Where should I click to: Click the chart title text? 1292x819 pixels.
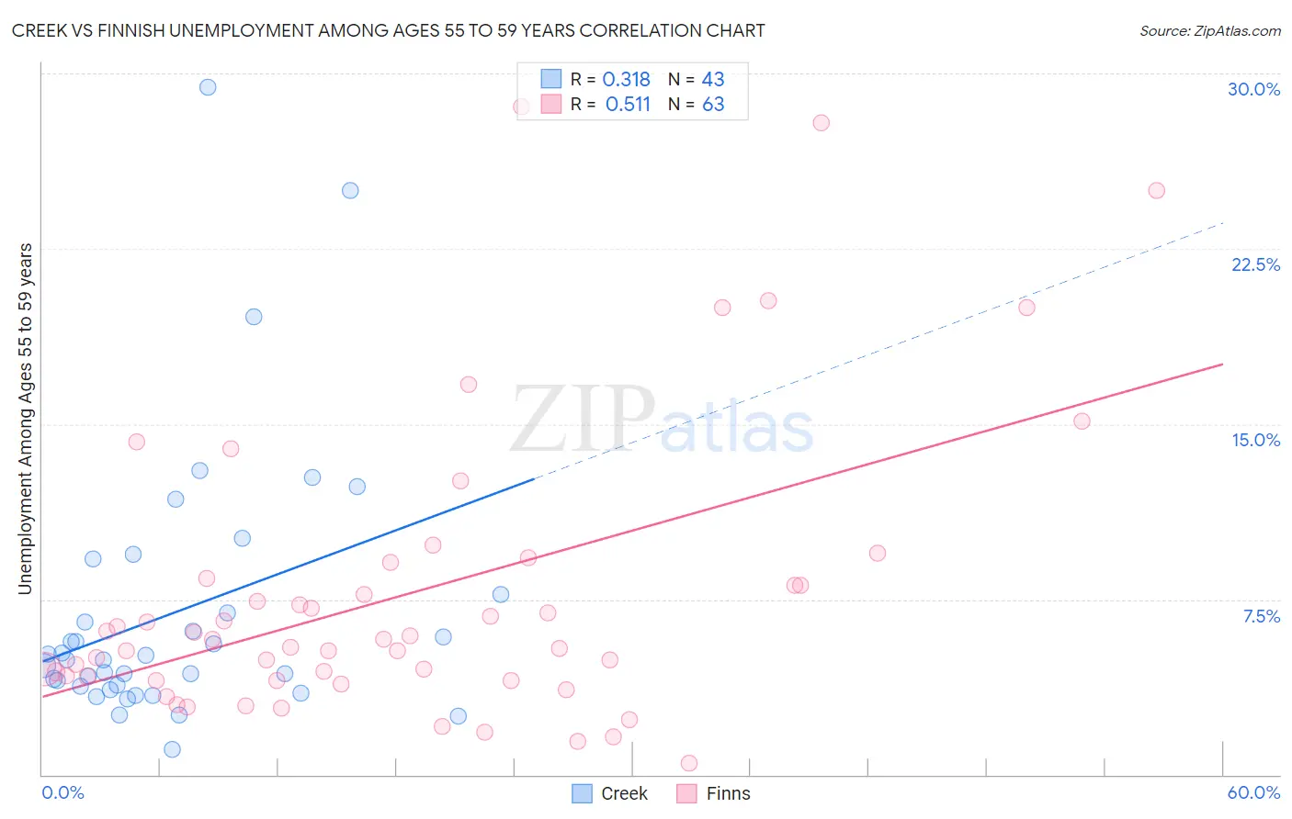388,31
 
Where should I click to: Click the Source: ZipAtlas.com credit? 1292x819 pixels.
1209,31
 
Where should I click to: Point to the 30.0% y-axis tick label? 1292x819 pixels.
1253,89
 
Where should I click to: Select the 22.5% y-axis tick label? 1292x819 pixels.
1255,264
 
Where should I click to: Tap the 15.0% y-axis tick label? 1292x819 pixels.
1255,440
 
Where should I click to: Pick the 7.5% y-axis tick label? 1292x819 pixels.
1261,616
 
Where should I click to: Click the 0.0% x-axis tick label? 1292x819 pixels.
62,792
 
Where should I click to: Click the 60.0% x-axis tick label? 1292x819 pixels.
1253,792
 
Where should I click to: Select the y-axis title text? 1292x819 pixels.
26,419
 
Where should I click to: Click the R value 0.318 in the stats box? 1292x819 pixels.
626,80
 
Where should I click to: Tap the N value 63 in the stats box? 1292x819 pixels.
713,105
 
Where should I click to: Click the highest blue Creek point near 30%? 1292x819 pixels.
208,87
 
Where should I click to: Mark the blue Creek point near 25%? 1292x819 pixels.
350,191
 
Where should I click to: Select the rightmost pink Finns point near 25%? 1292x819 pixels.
1156,191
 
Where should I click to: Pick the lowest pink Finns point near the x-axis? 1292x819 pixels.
688,763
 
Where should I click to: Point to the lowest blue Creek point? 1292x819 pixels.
172,749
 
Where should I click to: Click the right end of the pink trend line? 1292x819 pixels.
1222,365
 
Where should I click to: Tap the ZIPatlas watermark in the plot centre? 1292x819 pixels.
662,421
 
